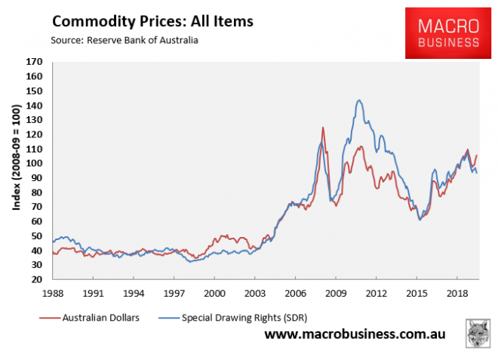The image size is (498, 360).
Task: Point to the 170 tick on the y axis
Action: point(35,63)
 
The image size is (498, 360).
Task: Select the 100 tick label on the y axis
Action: point(35,164)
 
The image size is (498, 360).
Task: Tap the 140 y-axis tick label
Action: point(35,106)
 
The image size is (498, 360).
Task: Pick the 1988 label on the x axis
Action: point(52,291)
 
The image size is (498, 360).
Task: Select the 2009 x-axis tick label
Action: point(337,291)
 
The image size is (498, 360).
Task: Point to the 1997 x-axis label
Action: point(174,291)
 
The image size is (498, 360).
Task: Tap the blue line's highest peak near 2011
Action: point(359,100)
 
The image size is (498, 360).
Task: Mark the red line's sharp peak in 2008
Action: point(323,128)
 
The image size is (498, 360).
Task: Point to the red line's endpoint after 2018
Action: point(477,155)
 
